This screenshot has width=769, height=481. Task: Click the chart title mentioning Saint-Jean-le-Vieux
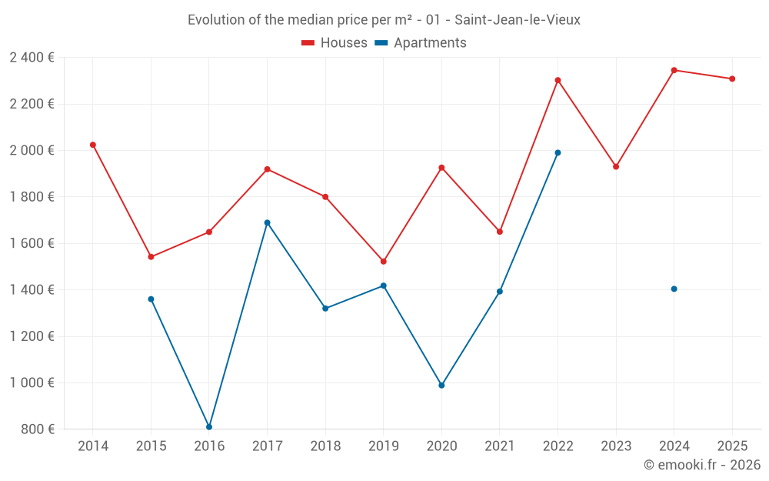(384, 20)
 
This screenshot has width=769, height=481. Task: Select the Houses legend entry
(335, 43)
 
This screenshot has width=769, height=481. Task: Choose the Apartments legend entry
(421, 43)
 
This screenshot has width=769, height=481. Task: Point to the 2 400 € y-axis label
(32, 58)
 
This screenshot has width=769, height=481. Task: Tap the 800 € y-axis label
(36, 429)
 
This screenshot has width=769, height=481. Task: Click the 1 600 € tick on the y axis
(32, 243)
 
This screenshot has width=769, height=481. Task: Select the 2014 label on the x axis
(93, 446)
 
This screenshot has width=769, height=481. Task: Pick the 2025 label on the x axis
(732, 446)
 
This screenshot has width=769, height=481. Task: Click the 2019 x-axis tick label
(384, 446)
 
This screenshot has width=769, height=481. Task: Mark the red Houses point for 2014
(93, 145)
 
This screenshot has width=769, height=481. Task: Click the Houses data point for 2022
(558, 80)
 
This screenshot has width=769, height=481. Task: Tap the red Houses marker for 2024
(674, 70)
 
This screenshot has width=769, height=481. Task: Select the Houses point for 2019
(384, 262)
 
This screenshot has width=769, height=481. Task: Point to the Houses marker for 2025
(732, 78)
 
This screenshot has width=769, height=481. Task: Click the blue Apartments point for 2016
(209, 427)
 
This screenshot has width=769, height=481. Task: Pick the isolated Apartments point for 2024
(674, 289)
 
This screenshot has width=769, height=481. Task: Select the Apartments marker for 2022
(558, 152)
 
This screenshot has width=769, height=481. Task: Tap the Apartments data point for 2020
(441, 386)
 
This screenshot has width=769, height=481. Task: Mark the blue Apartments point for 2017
(268, 222)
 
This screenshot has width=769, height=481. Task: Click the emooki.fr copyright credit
(702, 465)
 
